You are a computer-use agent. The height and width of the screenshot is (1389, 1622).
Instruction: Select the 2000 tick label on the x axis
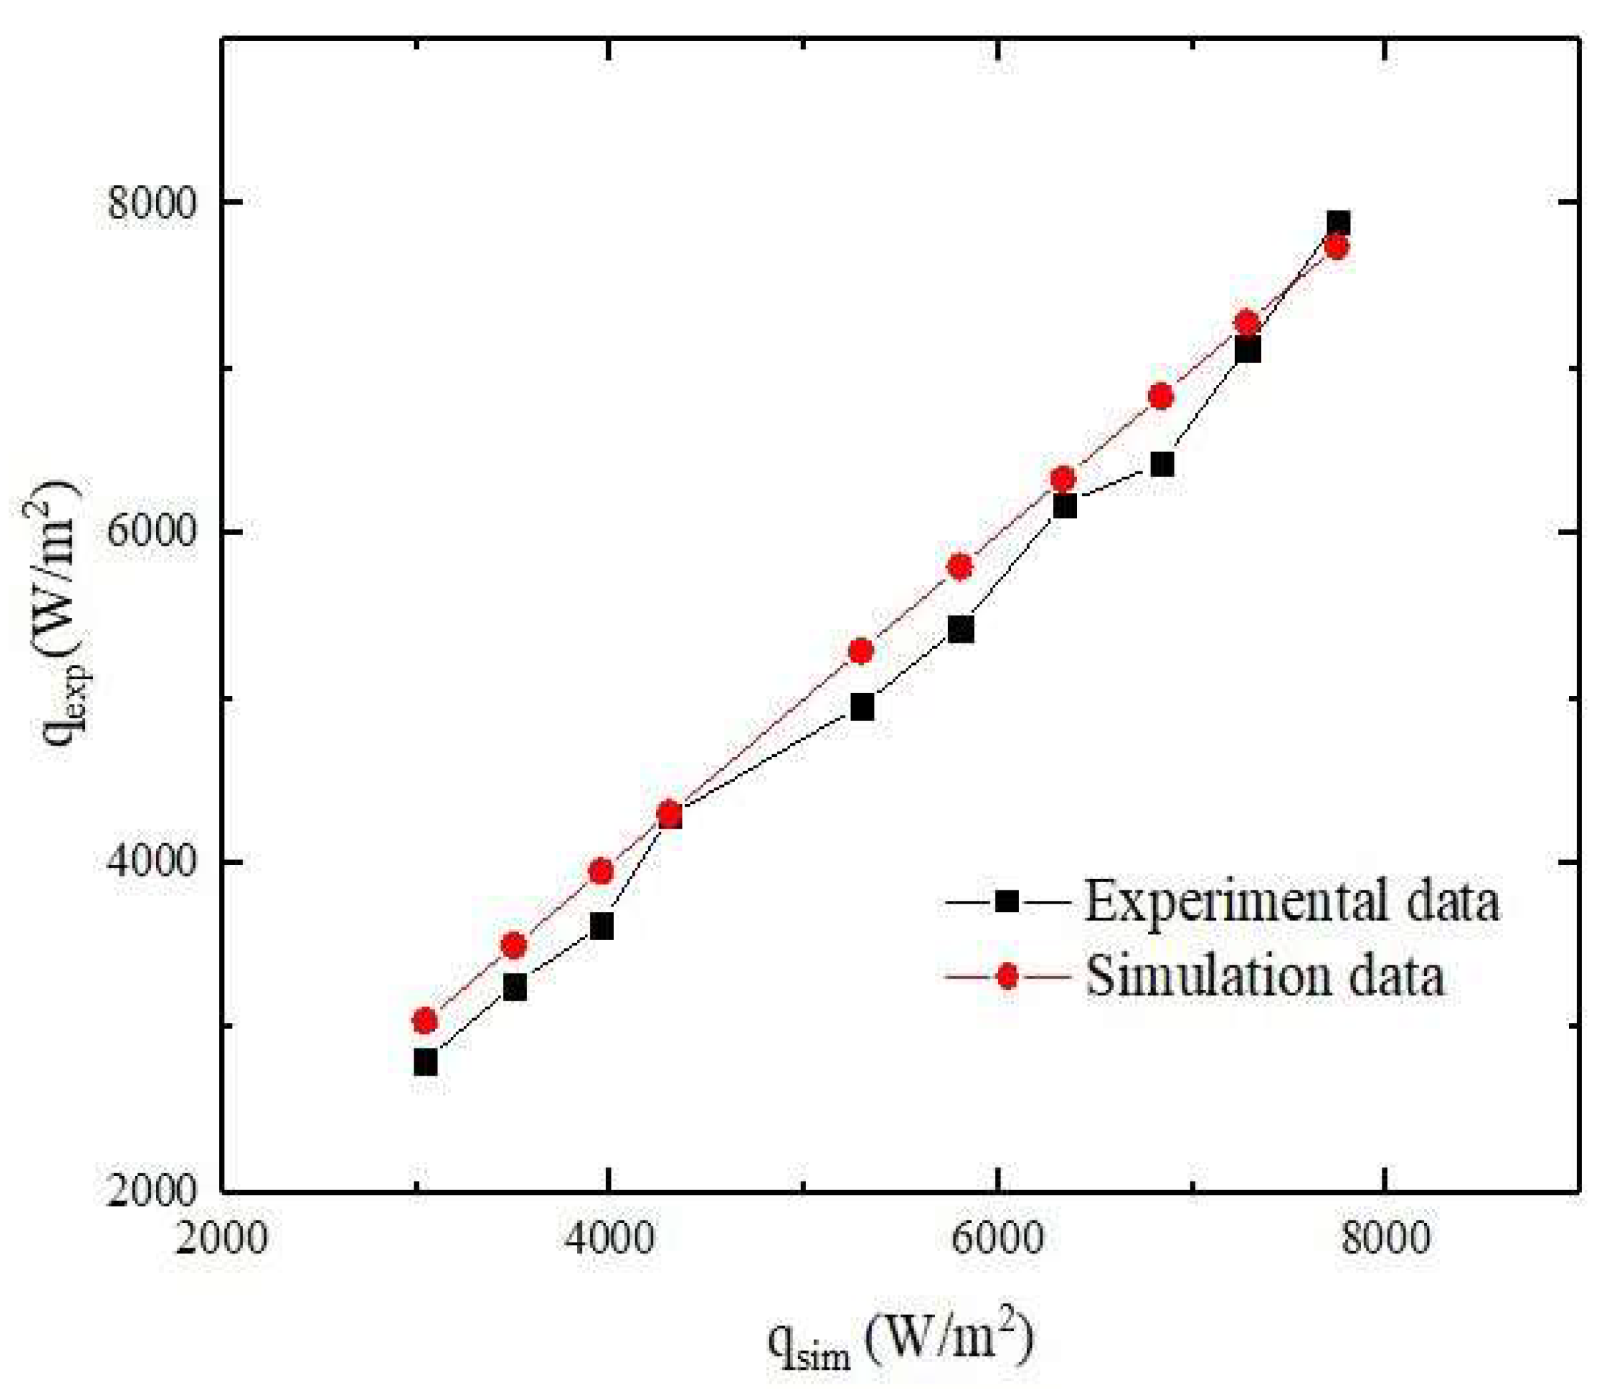222,1239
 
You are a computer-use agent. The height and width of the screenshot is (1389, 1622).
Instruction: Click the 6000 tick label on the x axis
998,1239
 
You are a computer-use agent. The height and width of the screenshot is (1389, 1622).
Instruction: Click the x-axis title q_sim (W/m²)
900,1335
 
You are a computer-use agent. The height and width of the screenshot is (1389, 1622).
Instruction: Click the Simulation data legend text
1264,977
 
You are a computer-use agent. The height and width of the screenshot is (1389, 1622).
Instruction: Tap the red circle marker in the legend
1007,977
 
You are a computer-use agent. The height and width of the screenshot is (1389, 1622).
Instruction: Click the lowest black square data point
425,1063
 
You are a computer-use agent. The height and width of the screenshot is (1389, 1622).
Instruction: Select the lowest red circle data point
425,1021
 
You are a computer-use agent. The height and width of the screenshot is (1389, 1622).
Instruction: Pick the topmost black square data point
1338,223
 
